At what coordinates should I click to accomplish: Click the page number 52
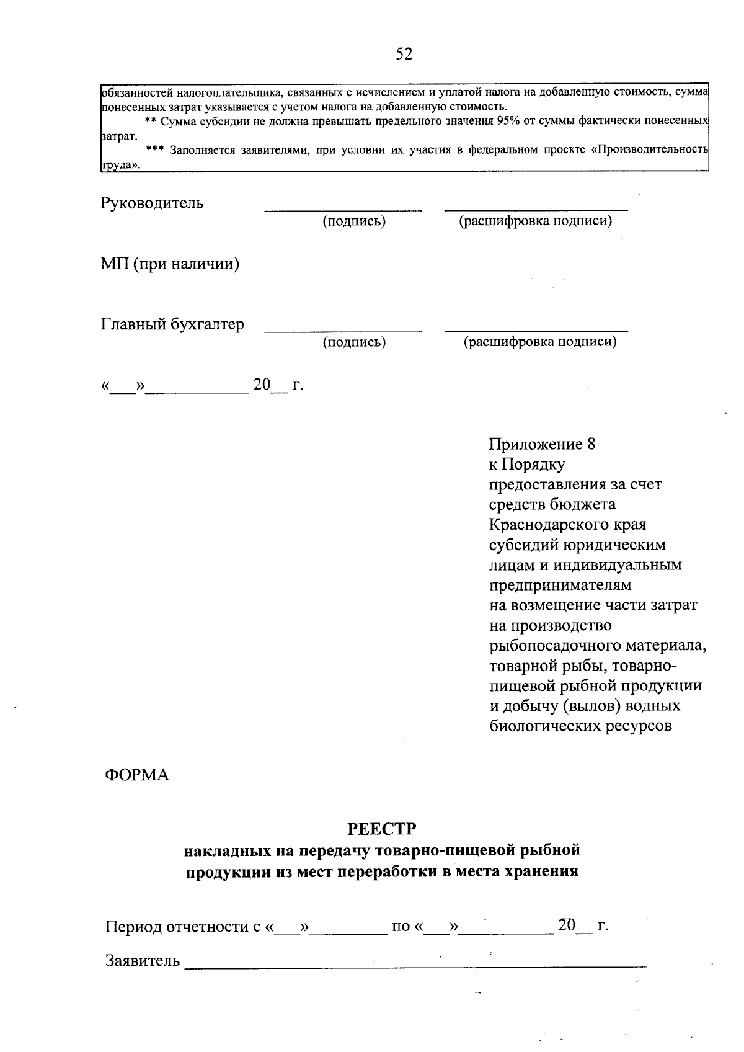tap(404, 54)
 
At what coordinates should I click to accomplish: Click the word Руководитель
tap(152, 203)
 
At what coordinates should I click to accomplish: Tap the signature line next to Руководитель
tap(343, 210)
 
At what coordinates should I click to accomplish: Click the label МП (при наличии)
tap(170, 264)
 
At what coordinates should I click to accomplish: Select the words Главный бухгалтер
tap(172, 324)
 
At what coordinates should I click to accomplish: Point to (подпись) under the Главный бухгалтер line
tap(354, 342)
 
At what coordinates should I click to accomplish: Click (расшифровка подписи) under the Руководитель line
tap(535, 221)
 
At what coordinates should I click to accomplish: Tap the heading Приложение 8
tap(542, 444)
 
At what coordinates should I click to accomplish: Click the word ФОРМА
tap(137, 775)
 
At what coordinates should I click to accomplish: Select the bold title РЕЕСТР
tap(382, 829)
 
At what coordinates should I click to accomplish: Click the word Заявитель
tap(143, 961)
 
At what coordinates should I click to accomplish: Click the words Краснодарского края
tap(567, 525)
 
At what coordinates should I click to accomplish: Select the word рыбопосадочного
tap(552, 645)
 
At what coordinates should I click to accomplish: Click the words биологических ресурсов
tap(580, 726)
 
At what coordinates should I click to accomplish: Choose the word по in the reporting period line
tap(401, 927)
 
